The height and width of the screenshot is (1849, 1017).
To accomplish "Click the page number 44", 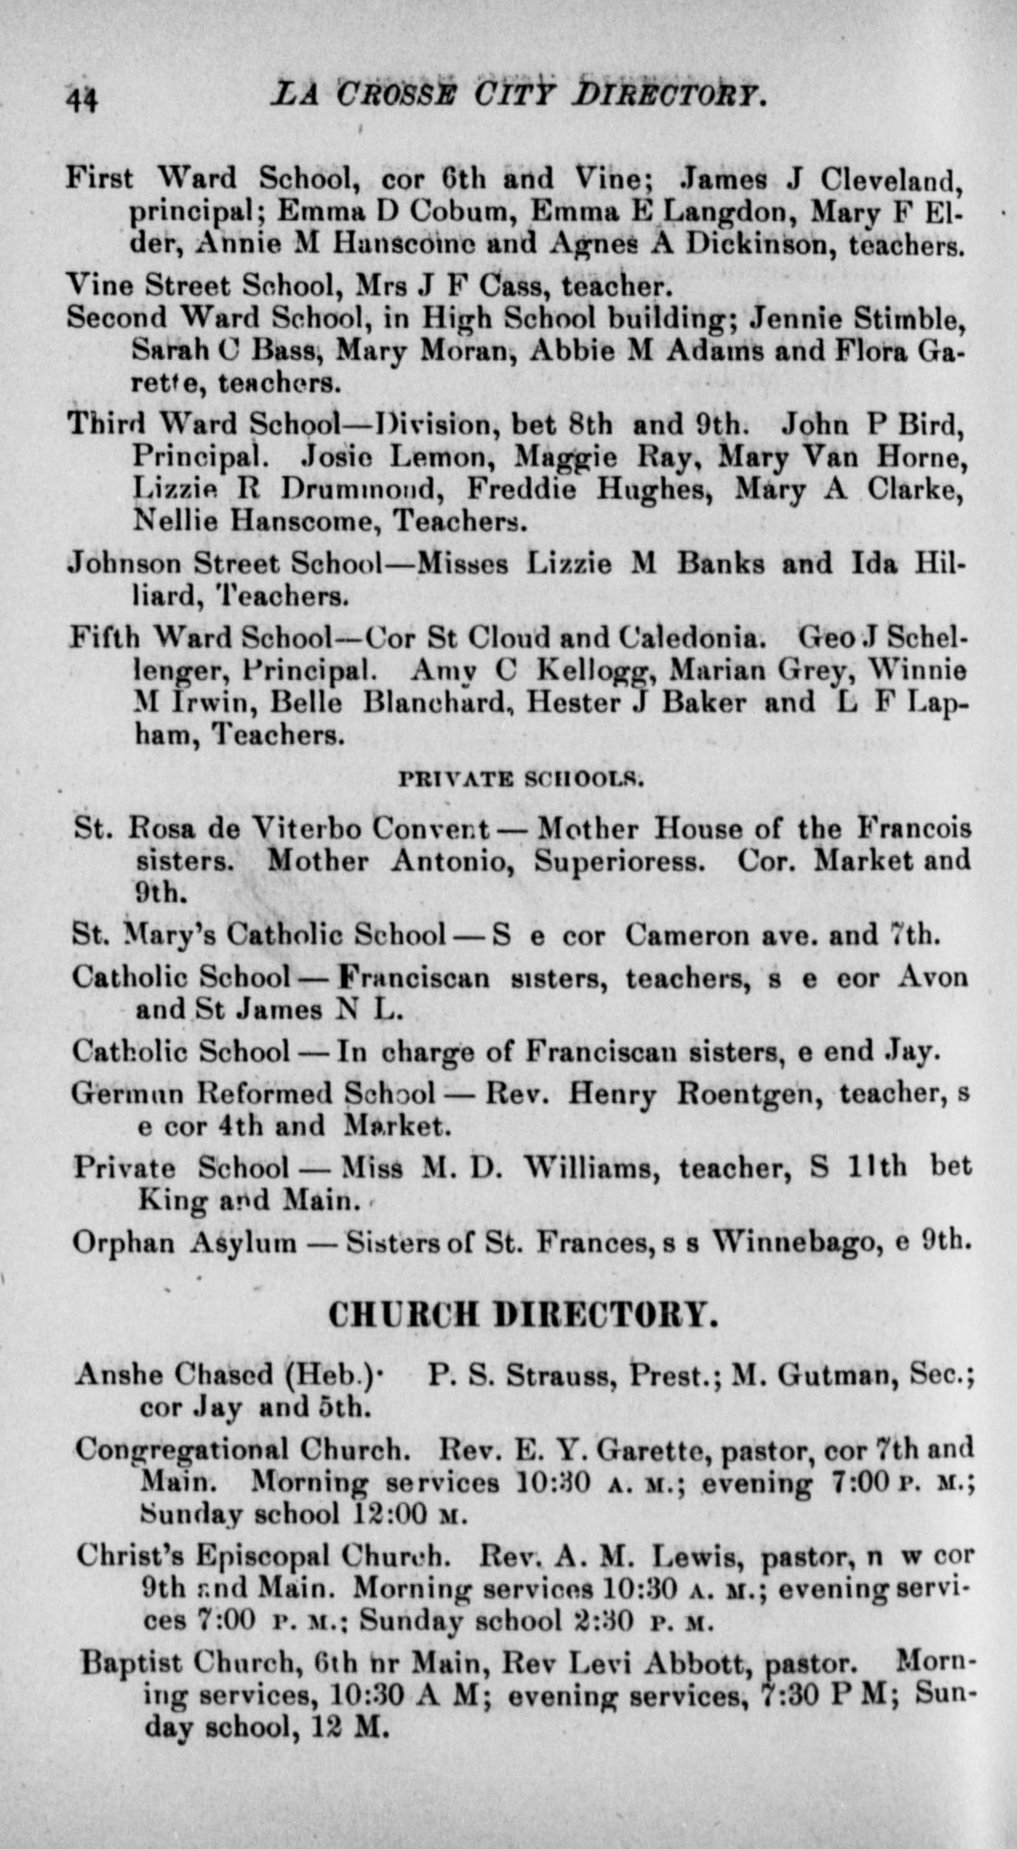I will [x=81, y=99].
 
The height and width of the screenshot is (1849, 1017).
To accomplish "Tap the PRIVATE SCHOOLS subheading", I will [x=520, y=779].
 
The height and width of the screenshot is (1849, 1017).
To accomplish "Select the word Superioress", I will [x=619, y=861].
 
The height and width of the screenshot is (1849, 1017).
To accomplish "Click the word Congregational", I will [x=181, y=1451].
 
